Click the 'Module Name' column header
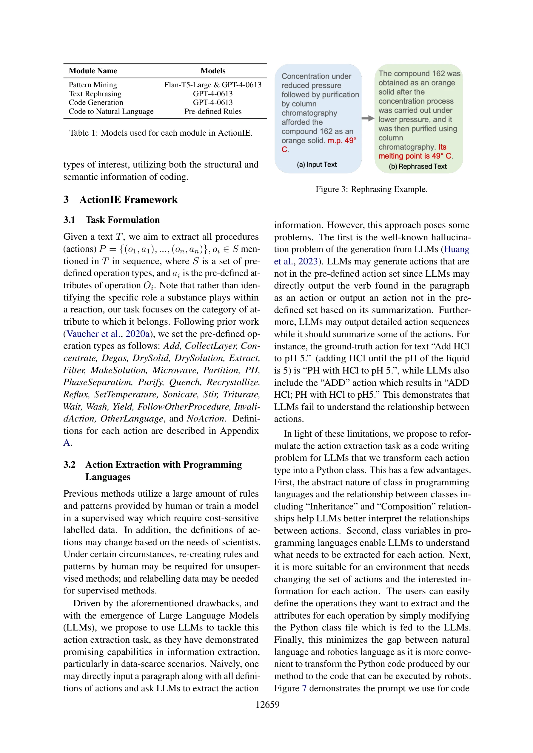point(93,71)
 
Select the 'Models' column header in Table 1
point(213,71)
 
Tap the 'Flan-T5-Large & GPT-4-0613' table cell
point(213,85)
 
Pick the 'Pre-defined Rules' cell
point(213,111)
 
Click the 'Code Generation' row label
point(96,103)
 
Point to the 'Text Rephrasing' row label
point(95,94)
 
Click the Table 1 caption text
point(161,133)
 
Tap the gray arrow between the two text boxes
point(368,118)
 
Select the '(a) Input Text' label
point(317,165)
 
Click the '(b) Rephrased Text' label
point(418,167)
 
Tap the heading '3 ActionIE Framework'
point(121,200)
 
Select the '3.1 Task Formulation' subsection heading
point(112,220)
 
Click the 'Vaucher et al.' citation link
point(93,334)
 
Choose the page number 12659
point(267,704)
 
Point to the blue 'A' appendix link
point(67,443)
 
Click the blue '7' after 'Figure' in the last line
point(304,688)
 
